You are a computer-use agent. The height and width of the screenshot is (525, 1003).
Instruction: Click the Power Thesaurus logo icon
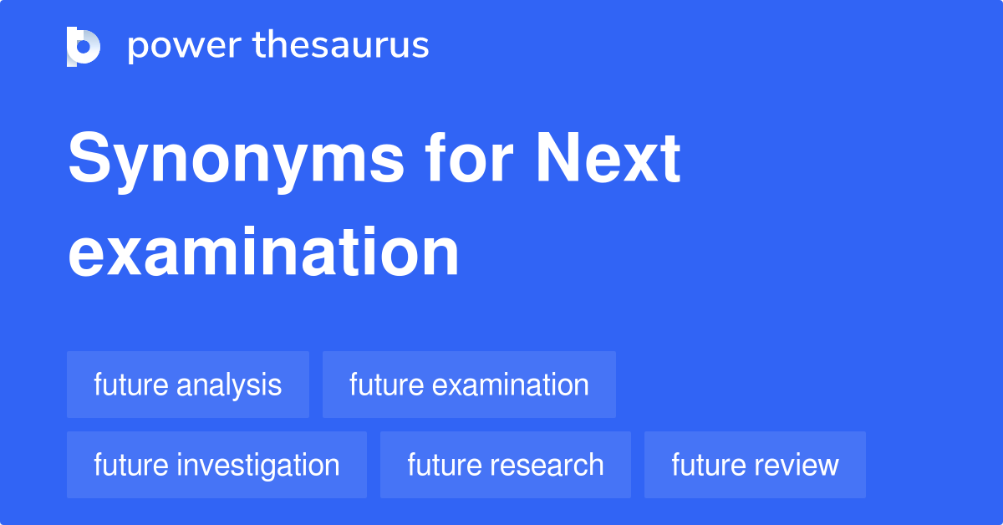[x=84, y=46]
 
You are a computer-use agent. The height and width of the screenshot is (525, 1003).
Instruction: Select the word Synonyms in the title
[x=236, y=161]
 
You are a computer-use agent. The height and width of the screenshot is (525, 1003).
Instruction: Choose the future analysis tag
[x=188, y=385]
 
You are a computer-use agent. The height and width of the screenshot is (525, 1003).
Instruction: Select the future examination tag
[x=469, y=385]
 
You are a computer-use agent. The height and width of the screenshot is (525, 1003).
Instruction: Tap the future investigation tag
[x=216, y=465]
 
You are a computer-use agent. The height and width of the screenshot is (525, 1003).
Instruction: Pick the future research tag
[x=506, y=465]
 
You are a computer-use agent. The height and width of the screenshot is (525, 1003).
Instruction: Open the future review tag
[x=755, y=465]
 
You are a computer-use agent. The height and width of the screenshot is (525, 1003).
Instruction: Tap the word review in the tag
[x=799, y=465]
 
